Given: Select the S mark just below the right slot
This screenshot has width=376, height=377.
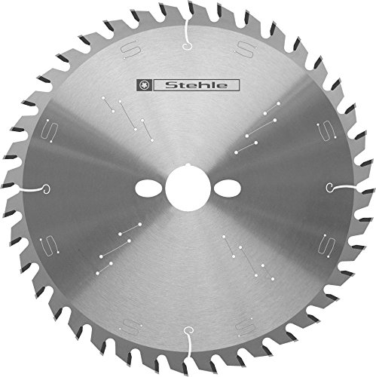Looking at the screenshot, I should click(x=325, y=245).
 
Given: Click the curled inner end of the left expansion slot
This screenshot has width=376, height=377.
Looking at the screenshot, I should click(x=47, y=188).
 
